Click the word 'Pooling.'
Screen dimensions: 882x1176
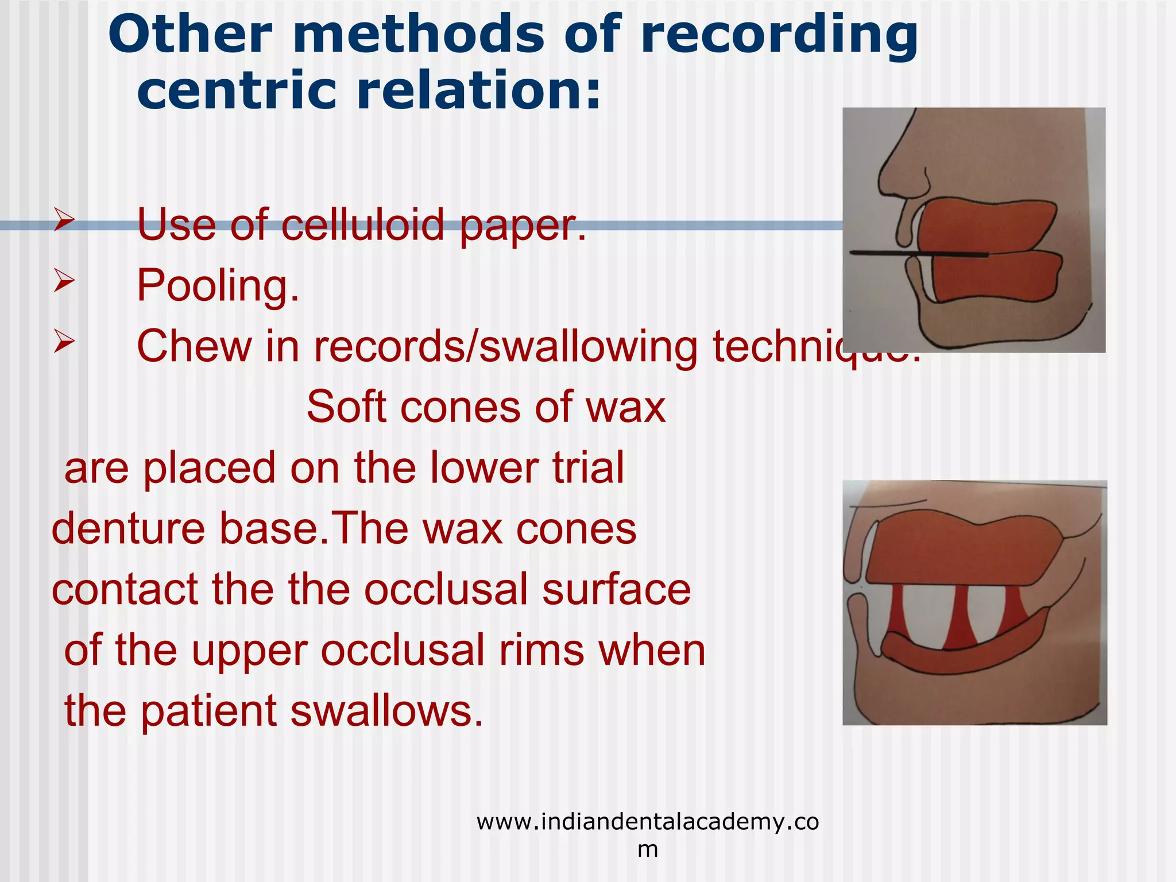pyautogui.click(x=218, y=285)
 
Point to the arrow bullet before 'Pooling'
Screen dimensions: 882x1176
pyautogui.click(x=64, y=281)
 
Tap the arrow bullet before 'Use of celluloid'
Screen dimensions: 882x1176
pyautogui.click(x=64, y=220)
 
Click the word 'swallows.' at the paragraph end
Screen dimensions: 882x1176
pyautogui.click(x=387, y=711)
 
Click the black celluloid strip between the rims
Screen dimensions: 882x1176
pyautogui.click(x=919, y=253)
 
